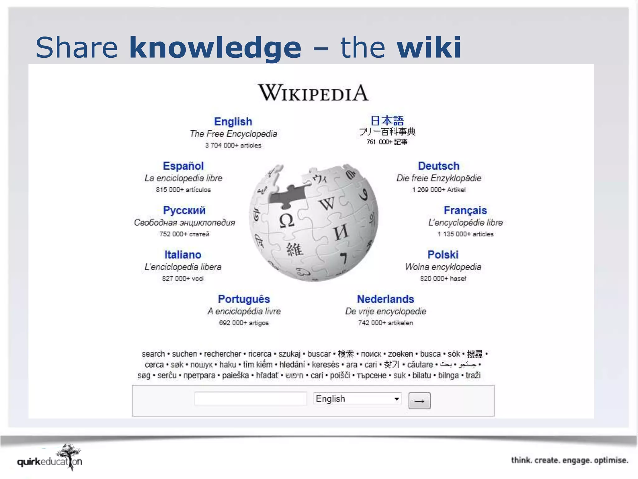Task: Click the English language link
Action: coord(233,121)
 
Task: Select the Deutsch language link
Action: coord(439,166)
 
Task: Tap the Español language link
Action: coord(183,166)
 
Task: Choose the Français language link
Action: coord(465,210)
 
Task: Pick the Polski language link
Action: coord(443,254)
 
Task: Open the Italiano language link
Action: coord(183,254)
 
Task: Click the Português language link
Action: coord(244,299)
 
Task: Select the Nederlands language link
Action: coord(385,299)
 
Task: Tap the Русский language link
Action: coord(184,210)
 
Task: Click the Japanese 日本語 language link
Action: coord(387,120)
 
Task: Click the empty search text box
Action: coord(250,399)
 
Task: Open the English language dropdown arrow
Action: coord(397,399)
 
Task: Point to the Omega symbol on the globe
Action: coord(286,220)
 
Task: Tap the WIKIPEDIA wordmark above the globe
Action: coord(313,93)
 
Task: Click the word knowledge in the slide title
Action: coord(215,47)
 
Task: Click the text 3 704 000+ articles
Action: coord(233,145)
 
